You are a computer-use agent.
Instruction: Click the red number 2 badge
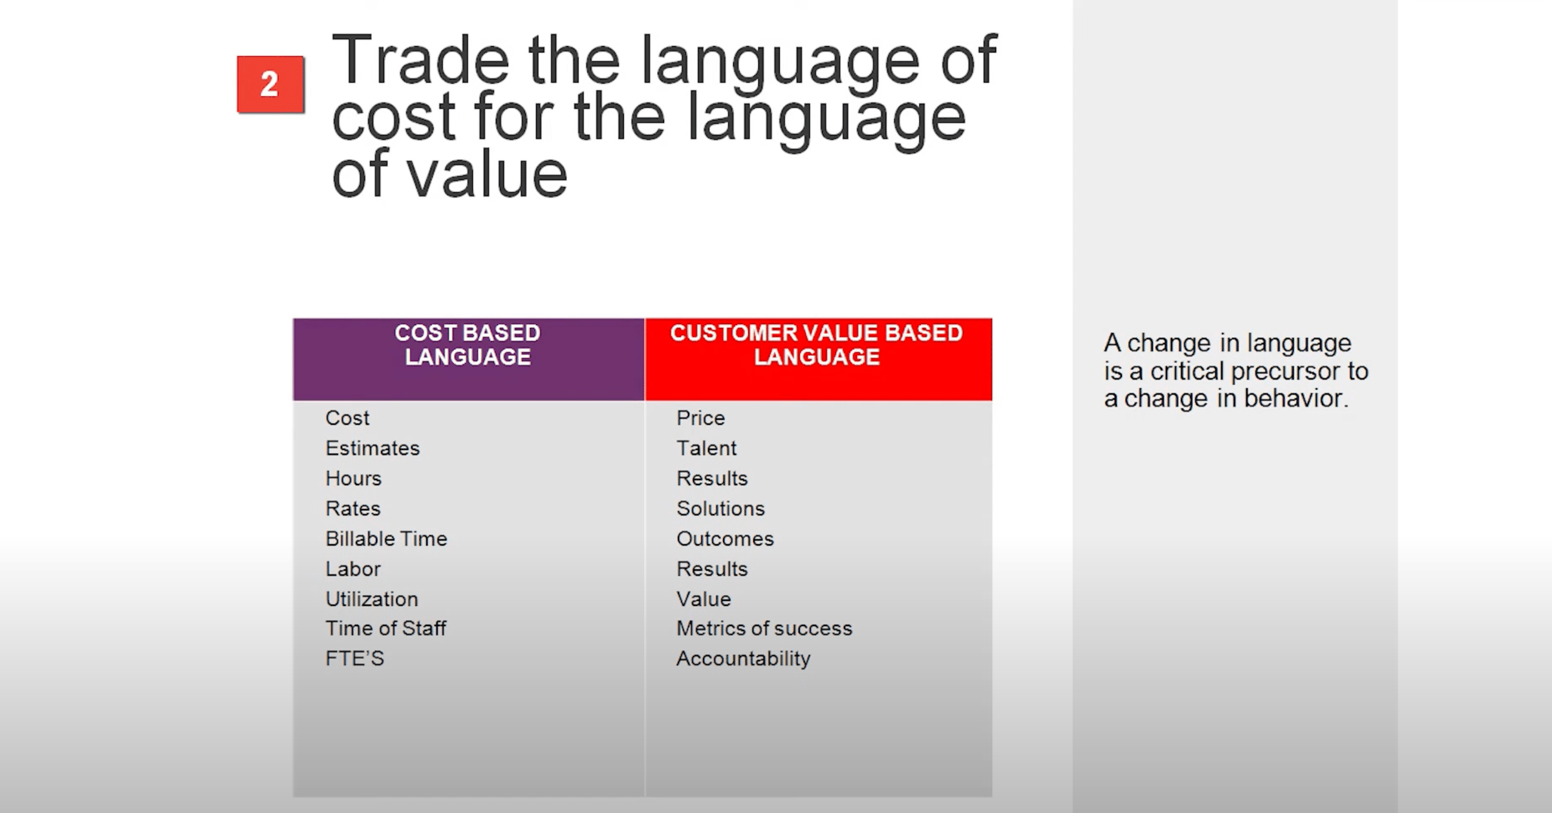(270, 85)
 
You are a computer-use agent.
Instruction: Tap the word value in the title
(487, 174)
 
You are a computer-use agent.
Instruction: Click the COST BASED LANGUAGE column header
(468, 358)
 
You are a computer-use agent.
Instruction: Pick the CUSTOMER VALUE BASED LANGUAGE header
(818, 358)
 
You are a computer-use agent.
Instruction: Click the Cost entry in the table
(347, 418)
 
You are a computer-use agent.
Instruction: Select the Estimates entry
(372, 448)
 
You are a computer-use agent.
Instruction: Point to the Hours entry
(354, 479)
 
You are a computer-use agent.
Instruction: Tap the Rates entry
(353, 508)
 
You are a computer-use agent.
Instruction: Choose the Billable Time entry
(387, 539)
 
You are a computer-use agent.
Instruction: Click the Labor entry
(353, 569)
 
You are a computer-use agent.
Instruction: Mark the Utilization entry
(372, 599)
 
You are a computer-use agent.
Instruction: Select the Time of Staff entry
(386, 628)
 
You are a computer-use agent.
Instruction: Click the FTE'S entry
(355, 658)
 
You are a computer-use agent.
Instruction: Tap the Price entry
(701, 418)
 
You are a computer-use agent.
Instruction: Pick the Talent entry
(707, 448)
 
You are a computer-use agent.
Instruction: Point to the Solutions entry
(721, 508)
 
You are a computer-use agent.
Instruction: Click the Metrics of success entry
(765, 628)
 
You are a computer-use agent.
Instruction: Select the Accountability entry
(744, 658)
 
